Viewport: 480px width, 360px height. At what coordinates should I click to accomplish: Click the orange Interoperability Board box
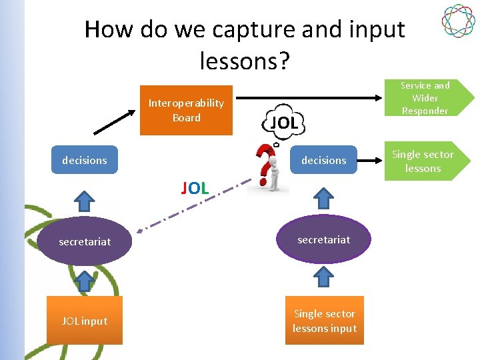[186, 110]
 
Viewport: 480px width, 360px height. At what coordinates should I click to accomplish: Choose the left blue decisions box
[85, 160]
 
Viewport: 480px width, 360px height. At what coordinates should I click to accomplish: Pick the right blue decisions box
[323, 160]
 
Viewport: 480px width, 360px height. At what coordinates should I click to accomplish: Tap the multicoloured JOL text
[195, 188]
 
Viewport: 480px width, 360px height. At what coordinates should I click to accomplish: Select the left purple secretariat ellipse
[85, 241]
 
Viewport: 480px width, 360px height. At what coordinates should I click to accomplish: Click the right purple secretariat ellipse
[324, 239]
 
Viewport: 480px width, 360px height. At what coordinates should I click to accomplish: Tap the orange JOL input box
[85, 321]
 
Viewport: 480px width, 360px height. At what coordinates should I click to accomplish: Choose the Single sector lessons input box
[325, 321]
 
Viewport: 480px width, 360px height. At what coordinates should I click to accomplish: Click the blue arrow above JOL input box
[85, 281]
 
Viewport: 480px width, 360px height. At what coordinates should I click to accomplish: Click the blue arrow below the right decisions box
[324, 198]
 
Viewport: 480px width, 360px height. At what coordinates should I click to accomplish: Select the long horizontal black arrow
[313, 98]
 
